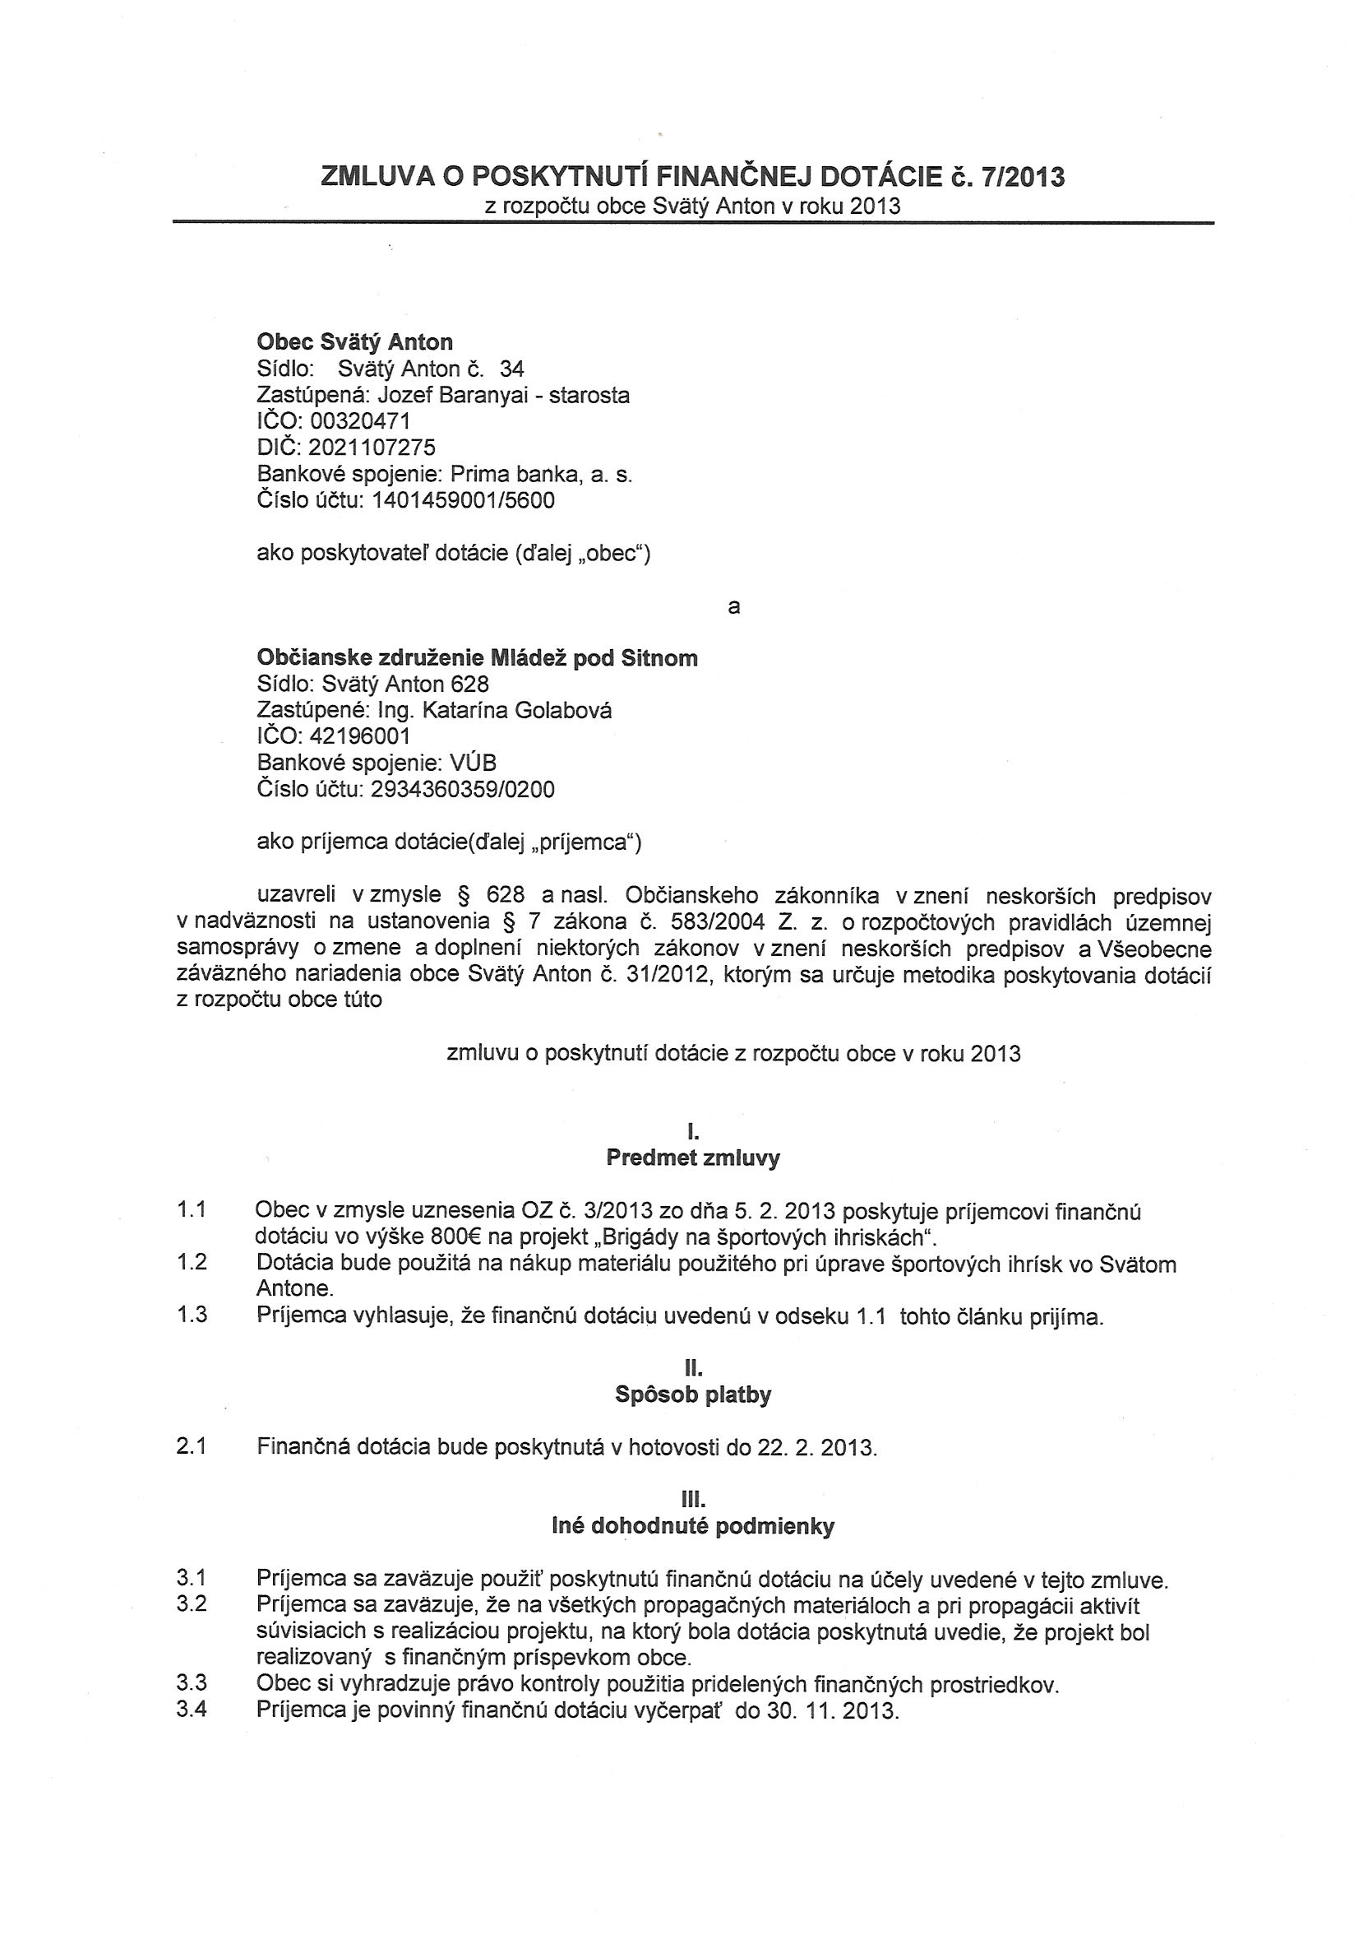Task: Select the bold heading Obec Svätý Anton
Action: coord(354,342)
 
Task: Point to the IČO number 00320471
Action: coord(360,421)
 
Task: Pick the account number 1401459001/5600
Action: coord(464,500)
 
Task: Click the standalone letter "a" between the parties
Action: coord(733,607)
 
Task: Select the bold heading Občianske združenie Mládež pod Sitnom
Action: coord(477,658)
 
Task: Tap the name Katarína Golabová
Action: coord(517,711)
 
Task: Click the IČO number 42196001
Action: coord(360,736)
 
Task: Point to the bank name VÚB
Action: coord(473,763)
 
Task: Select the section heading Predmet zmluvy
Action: coord(692,1158)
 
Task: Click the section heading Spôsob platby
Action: coord(692,1394)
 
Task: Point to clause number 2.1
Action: coord(192,1447)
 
